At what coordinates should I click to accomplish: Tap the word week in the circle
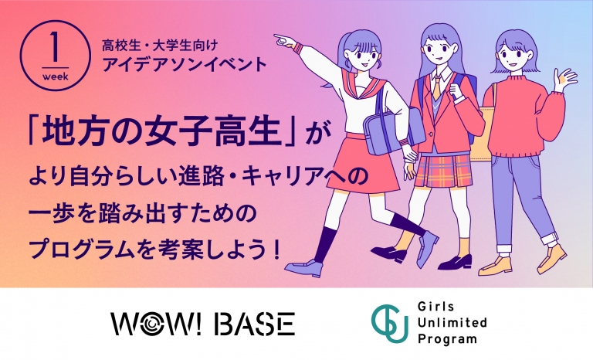56,76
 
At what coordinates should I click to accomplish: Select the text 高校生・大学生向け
160,46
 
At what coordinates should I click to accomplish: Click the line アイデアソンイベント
185,65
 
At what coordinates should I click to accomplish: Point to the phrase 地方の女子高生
162,133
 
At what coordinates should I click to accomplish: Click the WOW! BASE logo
203,324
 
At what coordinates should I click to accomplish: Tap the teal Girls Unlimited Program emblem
389,324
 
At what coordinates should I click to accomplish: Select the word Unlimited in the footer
452,323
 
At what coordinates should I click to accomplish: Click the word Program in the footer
447,339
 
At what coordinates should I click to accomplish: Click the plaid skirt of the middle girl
443,171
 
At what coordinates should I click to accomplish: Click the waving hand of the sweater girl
564,79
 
